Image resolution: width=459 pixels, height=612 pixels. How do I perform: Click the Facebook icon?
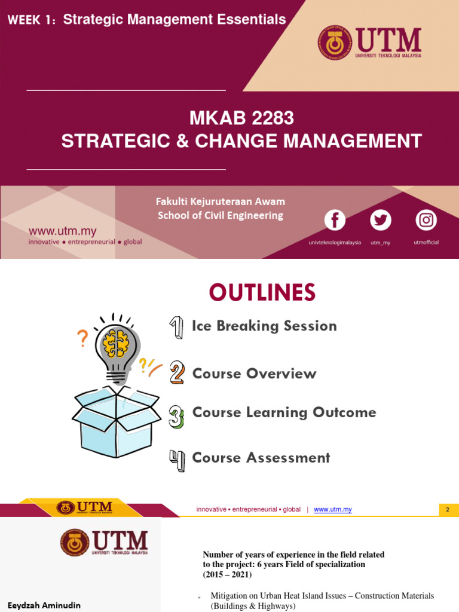click(335, 220)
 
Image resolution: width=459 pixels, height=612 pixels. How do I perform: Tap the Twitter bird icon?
click(380, 220)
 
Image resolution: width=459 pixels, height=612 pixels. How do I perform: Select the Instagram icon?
click(426, 220)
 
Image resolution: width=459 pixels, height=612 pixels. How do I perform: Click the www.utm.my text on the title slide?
click(63, 231)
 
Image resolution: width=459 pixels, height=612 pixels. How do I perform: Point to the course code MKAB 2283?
click(241, 118)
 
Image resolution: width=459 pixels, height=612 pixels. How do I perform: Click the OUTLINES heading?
click(262, 293)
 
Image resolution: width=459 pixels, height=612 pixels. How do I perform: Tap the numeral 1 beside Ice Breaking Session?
click(176, 328)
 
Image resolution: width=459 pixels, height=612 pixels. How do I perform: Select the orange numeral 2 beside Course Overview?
click(177, 373)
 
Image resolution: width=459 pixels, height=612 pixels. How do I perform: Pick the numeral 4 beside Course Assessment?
click(177, 460)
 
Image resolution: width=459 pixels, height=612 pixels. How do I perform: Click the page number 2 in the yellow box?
click(447, 509)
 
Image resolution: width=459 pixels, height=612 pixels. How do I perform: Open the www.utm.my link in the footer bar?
click(333, 509)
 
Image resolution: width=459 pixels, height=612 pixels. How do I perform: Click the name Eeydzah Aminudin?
click(44, 605)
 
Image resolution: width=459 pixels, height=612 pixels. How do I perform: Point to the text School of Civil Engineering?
click(221, 215)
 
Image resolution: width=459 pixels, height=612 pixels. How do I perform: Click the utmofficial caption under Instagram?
click(426, 243)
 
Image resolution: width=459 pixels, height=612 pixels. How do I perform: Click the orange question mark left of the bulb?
click(82, 339)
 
